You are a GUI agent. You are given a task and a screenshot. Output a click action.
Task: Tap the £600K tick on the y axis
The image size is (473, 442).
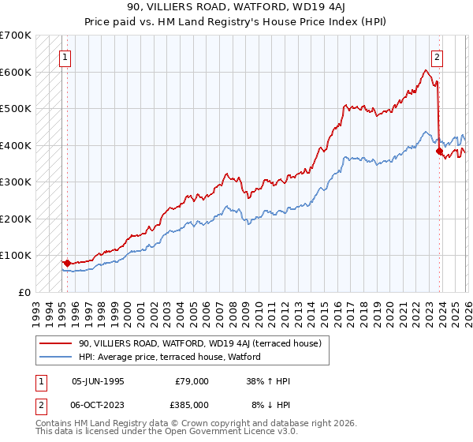tap(16, 72)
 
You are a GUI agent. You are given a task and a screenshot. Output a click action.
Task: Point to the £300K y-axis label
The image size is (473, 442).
tap(16, 182)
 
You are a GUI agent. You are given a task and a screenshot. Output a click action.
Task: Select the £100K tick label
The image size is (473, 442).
tap(16, 255)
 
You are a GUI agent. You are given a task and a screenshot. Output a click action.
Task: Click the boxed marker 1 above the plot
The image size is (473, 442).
tap(64, 57)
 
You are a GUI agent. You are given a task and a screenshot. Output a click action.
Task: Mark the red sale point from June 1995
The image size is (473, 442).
tap(68, 263)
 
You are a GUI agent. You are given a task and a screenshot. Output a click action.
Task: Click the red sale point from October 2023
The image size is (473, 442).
tap(438, 151)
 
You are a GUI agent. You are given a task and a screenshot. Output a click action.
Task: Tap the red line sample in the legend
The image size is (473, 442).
tap(55, 343)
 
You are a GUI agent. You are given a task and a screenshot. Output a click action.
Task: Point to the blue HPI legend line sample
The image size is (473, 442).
tap(55, 358)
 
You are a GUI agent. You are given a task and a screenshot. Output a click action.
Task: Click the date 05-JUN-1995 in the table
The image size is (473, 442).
tap(98, 380)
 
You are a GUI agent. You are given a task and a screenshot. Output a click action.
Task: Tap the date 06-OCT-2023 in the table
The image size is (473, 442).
tap(98, 405)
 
